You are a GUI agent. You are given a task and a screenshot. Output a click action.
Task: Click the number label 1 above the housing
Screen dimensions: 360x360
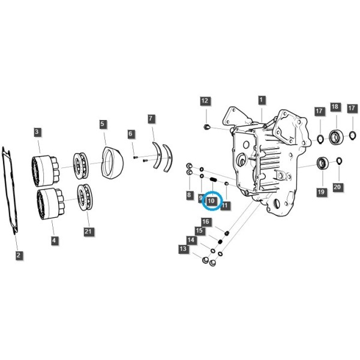click(261, 100)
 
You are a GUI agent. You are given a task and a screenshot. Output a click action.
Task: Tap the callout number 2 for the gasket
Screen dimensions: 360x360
click(19, 255)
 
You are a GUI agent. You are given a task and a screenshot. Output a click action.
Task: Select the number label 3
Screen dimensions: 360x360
click(37, 132)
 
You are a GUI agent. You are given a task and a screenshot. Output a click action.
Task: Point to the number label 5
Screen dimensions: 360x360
click(103, 124)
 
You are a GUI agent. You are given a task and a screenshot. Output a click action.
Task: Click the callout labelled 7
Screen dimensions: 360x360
click(151, 119)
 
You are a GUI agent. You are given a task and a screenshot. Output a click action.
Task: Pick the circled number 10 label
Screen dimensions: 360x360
click(211, 201)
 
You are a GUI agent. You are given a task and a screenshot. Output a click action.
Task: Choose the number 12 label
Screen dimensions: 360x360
click(205, 101)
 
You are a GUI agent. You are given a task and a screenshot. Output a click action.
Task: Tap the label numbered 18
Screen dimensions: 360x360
click(335, 107)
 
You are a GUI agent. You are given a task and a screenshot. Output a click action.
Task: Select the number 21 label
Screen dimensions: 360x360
click(88, 232)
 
